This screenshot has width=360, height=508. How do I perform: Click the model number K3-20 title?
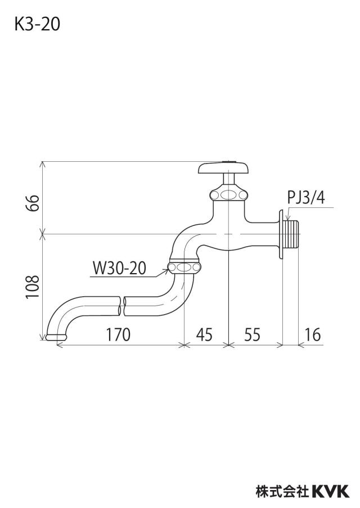tap(37, 25)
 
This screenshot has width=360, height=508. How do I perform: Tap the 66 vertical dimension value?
tap(33, 203)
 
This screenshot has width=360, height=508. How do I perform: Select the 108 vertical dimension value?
tap(33, 287)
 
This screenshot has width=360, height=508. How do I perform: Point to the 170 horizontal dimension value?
tap(118, 334)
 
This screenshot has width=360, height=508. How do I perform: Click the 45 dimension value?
tap(204, 334)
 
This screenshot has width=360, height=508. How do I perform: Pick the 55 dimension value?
tap(253, 334)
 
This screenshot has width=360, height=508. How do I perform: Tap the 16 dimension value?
tap(313, 334)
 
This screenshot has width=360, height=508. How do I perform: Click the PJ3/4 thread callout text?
tap(306, 197)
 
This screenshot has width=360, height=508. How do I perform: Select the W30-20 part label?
tap(119, 268)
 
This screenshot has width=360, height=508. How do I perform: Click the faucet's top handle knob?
tap(224, 167)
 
